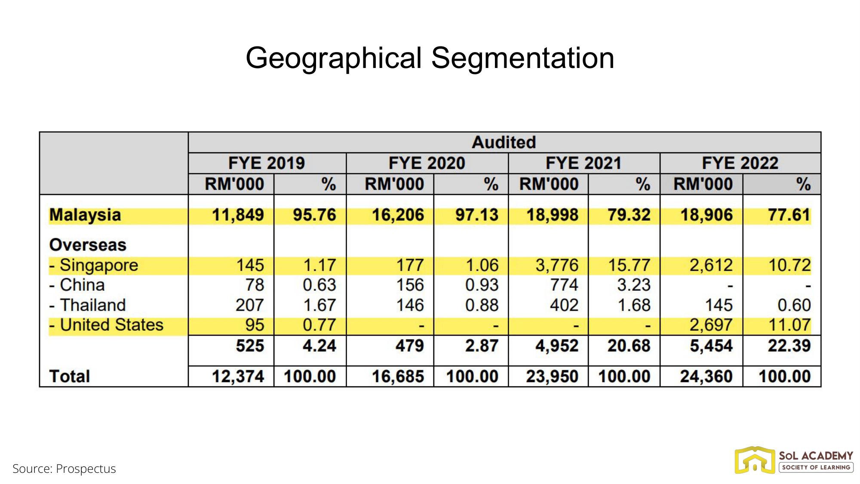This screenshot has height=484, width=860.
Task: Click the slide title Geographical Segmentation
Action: point(430,58)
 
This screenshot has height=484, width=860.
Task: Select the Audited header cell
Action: point(504,142)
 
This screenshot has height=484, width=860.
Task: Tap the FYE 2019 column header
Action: point(266,163)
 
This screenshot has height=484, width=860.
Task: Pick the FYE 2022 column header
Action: point(740,163)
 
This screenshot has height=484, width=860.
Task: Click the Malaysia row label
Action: point(85,215)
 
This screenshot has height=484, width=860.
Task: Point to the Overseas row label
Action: point(88,245)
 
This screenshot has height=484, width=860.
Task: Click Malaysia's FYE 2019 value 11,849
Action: point(238,215)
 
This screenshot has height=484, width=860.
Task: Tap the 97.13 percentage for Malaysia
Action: point(476,215)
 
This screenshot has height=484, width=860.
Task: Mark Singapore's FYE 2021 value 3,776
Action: point(557,265)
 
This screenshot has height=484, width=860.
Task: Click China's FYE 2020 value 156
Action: point(410,285)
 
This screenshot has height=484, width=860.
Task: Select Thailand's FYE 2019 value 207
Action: point(249,305)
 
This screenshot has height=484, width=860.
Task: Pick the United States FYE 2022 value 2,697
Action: point(711,325)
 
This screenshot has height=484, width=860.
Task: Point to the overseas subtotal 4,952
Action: point(557,346)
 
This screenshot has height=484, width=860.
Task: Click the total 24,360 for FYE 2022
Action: point(706,377)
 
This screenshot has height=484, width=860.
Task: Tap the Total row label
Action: point(70,377)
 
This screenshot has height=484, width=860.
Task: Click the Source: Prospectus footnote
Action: point(64,469)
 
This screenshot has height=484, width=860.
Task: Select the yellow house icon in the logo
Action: point(755,460)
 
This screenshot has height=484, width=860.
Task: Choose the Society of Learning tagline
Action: point(816,468)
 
